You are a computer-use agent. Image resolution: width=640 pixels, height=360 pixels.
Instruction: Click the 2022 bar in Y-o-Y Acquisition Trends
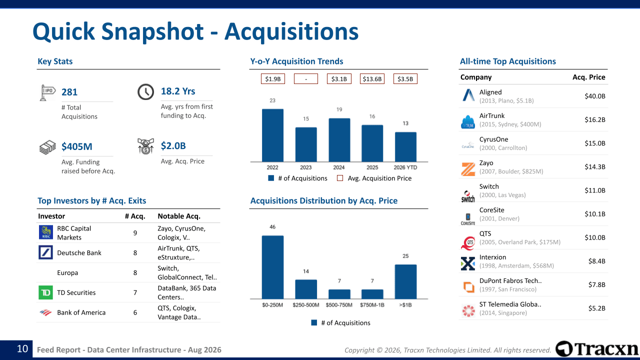click(272, 135)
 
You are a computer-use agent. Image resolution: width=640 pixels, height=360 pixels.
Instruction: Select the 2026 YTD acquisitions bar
click(405, 147)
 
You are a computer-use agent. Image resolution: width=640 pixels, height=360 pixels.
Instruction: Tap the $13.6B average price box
click(372, 79)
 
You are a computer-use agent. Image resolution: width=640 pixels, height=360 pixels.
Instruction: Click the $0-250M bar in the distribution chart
click(272, 267)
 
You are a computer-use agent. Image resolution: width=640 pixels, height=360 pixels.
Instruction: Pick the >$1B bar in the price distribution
click(405, 281)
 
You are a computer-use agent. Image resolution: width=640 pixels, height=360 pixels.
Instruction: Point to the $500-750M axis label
click(339, 305)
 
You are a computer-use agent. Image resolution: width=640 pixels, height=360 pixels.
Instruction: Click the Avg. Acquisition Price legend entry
click(374, 178)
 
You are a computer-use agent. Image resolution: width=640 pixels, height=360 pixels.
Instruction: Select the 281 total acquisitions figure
click(69, 92)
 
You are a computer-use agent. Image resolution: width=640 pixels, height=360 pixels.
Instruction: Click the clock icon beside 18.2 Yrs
click(145, 91)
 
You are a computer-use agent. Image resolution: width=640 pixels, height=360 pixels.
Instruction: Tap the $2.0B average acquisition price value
click(173, 145)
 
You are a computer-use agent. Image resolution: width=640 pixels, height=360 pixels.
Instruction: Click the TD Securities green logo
click(45, 292)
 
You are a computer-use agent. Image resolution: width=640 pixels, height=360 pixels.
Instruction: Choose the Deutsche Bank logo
click(45, 252)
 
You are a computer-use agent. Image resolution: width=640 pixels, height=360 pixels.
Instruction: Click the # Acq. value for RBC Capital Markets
click(135, 233)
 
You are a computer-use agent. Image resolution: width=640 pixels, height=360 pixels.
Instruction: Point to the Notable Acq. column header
click(179, 216)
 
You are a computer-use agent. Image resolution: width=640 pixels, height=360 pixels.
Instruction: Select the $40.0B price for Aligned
click(595, 96)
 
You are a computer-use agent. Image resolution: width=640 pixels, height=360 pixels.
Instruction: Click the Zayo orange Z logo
click(468, 169)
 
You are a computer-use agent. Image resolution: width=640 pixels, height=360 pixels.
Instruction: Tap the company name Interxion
click(492, 257)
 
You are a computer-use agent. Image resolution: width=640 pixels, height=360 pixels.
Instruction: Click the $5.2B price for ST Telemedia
click(596, 308)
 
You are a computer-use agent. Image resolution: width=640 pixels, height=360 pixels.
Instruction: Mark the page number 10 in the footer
click(22, 349)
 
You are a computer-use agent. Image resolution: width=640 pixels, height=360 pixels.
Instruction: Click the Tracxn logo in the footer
click(596, 349)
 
